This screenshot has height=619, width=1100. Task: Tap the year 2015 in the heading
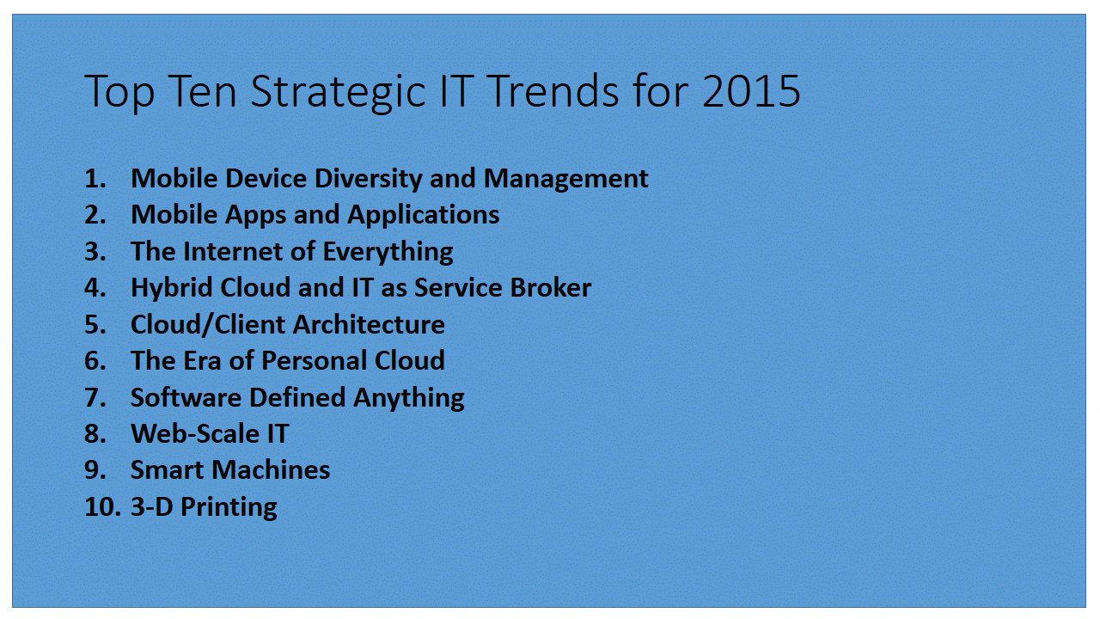click(x=751, y=91)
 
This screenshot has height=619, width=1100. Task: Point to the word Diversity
click(x=369, y=178)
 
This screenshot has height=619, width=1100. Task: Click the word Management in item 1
click(x=565, y=179)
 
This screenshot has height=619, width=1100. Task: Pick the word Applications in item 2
click(x=424, y=215)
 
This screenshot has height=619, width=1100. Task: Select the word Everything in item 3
click(x=388, y=252)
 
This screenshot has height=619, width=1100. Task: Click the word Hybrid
click(x=171, y=288)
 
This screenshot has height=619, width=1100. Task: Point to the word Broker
click(x=551, y=287)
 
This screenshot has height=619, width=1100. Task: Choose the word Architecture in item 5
click(x=370, y=325)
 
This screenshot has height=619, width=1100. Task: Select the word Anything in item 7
click(x=408, y=398)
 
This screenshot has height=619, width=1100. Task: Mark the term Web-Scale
click(x=195, y=434)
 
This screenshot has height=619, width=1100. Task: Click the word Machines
click(x=271, y=470)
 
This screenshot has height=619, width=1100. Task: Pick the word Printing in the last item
click(x=229, y=507)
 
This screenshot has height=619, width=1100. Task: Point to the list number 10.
click(x=102, y=507)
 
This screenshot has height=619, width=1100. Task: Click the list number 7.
click(x=95, y=397)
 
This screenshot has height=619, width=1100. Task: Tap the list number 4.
click(x=95, y=288)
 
